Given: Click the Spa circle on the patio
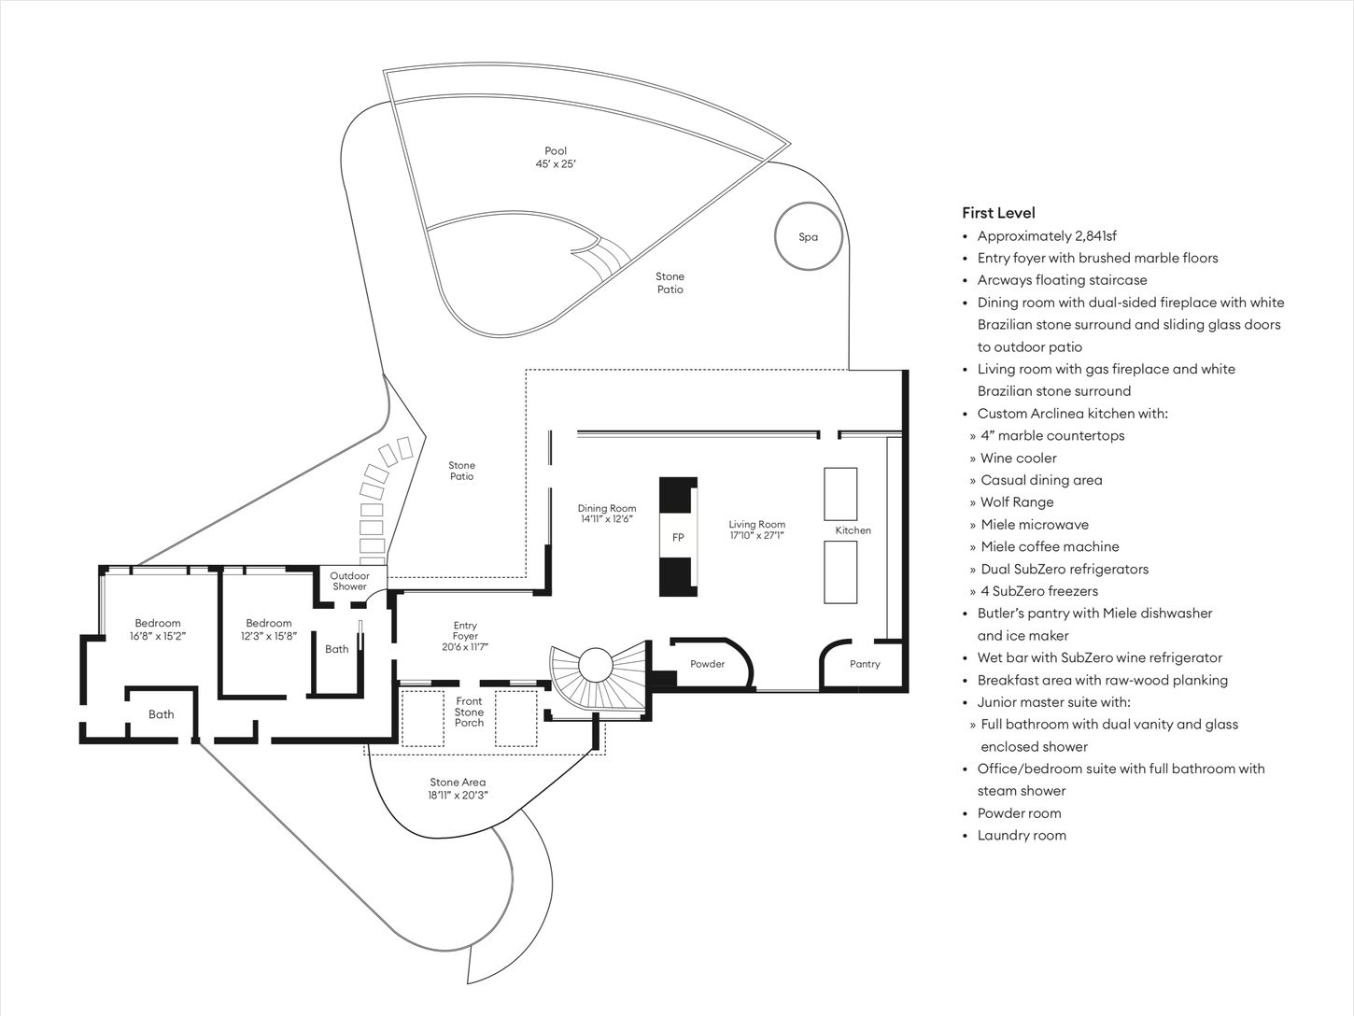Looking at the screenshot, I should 809,236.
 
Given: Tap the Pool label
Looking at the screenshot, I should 556,151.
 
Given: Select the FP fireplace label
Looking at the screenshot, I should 678,538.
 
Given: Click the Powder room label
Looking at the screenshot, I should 708,664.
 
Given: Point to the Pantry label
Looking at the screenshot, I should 865,664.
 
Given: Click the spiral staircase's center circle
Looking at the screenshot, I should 594,666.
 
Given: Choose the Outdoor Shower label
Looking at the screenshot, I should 350,581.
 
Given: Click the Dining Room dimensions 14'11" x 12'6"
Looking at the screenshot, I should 607,519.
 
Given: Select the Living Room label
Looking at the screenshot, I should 756,525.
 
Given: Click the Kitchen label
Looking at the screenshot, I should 853,530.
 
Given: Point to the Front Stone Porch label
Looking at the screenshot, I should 469,712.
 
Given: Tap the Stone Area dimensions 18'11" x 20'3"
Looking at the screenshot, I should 458,796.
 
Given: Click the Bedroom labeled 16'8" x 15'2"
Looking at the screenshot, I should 158,629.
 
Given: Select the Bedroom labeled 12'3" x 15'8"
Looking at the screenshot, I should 269,629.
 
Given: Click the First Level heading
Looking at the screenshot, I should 998,213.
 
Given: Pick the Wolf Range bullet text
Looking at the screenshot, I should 1017,502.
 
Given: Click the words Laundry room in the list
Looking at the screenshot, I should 1022,836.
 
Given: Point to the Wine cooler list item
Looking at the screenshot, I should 1019,458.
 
